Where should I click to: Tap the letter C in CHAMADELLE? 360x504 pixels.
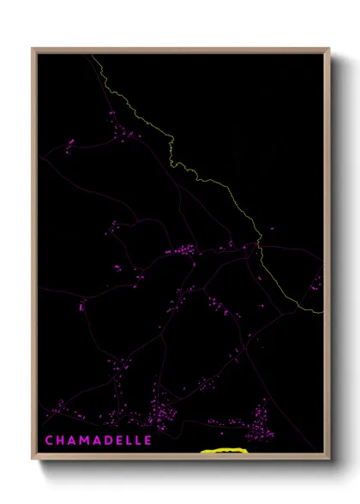click(49, 441)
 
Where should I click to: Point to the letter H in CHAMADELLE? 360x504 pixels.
click(60, 441)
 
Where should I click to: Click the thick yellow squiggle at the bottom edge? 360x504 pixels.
click(223, 448)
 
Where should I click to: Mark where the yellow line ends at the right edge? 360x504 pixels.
click(324, 313)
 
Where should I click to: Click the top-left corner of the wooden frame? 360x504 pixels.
click(33, 48)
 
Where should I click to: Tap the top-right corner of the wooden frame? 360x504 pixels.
click(330, 48)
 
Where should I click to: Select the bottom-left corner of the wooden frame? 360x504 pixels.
click(33, 456)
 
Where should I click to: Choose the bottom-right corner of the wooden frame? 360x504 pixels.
click(330, 456)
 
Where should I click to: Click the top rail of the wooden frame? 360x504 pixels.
click(180, 51)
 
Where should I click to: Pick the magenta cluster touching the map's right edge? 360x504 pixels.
click(317, 282)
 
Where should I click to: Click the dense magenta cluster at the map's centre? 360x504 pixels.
click(182, 251)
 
